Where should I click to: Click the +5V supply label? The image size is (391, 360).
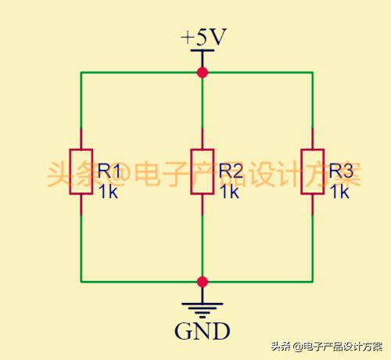tap(203, 37)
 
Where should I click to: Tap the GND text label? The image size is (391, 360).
tap(203, 331)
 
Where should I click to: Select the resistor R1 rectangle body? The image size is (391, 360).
tap(81, 171)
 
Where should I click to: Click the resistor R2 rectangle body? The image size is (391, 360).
tap(203, 171)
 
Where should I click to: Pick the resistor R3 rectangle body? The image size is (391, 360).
tap(313, 171)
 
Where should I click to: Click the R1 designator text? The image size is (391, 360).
tap(109, 171)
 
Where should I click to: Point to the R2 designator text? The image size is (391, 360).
tap(231, 171)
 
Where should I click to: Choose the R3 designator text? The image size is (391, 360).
tap(341, 171)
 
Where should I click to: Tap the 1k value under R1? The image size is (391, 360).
tap(108, 192)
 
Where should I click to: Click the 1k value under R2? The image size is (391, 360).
tap(229, 192)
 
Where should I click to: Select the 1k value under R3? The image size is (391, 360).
tap(339, 192)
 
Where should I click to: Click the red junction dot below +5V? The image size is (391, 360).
tap(203, 72)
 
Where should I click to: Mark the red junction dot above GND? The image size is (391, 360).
tap(203, 282)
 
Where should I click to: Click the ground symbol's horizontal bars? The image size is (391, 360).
tap(203, 311)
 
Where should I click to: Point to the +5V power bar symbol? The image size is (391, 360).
tap(203, 50)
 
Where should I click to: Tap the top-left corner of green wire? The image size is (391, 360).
tap(81, 72)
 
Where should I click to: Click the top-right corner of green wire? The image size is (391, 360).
tap(313, 72)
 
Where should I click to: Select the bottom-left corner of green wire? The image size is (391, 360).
tap(81, 282)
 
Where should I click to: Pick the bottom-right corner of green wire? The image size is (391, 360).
tap(313, 282)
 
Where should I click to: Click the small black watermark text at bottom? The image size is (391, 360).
tap(327, 347)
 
